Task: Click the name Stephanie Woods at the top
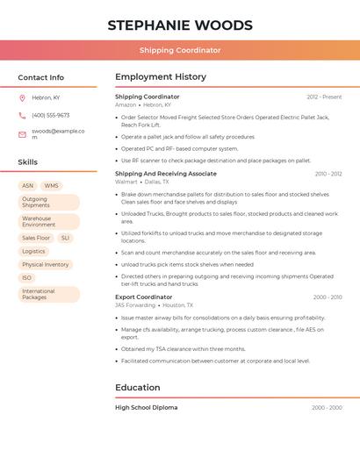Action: pyautogui.click(x=180, y=25)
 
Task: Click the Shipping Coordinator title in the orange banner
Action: pyautogui.click(x=180, y=51)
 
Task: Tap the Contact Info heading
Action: pyautogui.click(x=41, y=77)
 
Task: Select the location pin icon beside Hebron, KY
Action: pyautogui.click(x=22, y=97)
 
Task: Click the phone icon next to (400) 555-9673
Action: pyautogui.click(x=22, y=115)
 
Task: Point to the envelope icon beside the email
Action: pyautogui.click(x=22, y=134)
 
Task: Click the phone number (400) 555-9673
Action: pyautogui.click(x=51, y=115)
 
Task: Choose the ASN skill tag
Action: pyautogui.click(x=27, y=186)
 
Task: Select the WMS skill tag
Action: pyautogui.click(x=52, y=186)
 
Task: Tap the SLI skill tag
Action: pyautogui.click(x=66, y=238)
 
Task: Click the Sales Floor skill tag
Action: pyautogui.click(x=36, y=238)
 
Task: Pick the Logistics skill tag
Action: pyautogui.click(x=33, y=251)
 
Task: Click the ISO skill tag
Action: pyautogui.click(x=27, y=277)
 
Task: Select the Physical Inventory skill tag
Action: pyautogui.click(x=46, y=264)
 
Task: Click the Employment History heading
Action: pyautogui.click(x=161, y=77)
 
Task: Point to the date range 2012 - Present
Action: pyautogui.click(x=324, y=97)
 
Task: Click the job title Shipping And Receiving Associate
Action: pyautogui.click(x=166, y=174)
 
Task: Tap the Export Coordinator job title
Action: pyautogui.click(x=144, y=297)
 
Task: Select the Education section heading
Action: pyautogui.click(x=138, y=388)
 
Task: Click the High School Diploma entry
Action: pyautogui.click(x=146, y=407)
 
